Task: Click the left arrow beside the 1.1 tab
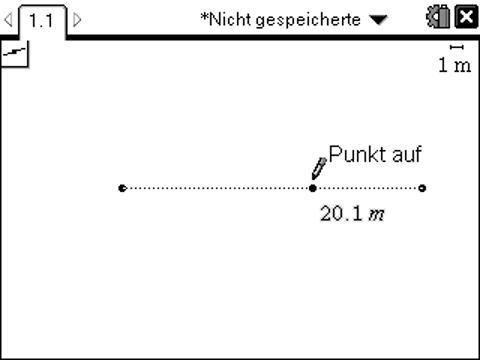[9, 19]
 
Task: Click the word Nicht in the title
[229, 19]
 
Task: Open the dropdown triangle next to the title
[376, 19]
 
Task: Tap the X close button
[465, 18]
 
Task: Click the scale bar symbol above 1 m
[457, 47]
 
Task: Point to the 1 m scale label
[455, 65]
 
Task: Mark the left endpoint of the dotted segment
[122, 188]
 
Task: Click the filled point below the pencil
[313, 188]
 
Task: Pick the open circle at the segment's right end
[422, 188]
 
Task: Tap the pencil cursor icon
[319, 167]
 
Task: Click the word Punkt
[358, 155]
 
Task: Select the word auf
[408, 155]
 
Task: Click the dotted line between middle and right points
[367, 188]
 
